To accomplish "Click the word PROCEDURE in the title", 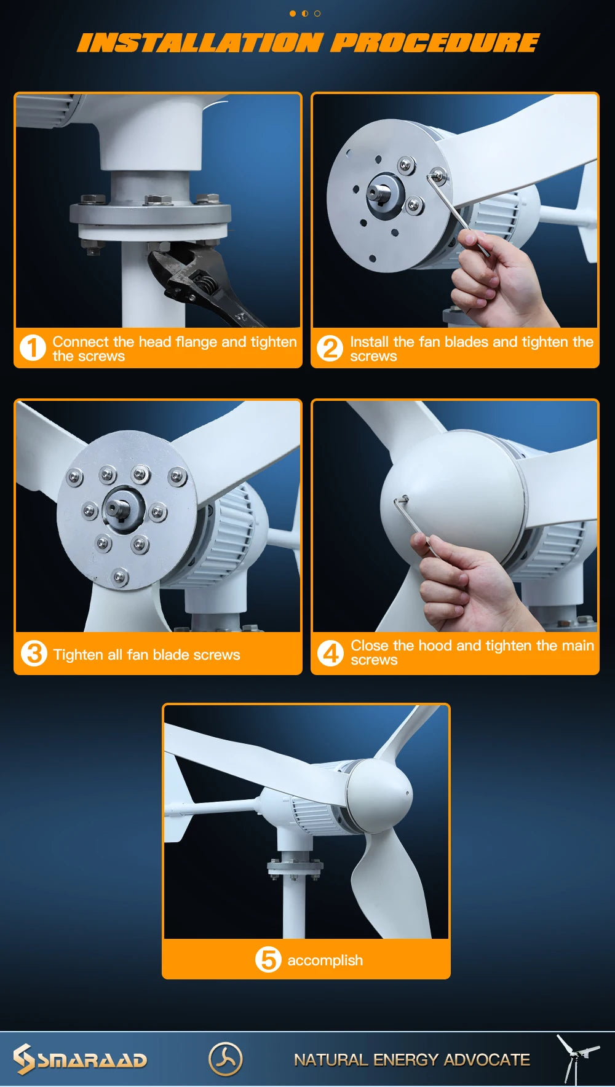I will tap(434, 43).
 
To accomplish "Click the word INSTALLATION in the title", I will tap(200, 43).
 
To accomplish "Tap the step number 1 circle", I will tap(33, 347).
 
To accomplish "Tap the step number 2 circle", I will tap(330, 348).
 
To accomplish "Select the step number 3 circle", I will tap(34, 653).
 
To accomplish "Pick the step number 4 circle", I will tap(330, 652).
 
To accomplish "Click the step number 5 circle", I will tap(268, 959).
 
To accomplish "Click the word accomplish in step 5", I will tap(325, 960).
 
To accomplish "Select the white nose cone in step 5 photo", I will tap(381, 793).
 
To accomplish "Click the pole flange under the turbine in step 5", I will tap(295, 867).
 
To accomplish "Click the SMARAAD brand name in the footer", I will tap(92, 1060).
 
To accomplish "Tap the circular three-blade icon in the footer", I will tap(225, 1059).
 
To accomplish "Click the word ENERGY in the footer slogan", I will tap(405, 1060).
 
